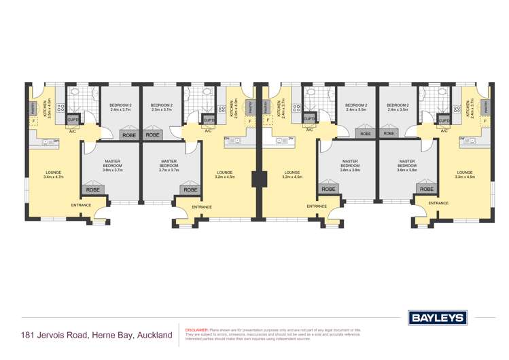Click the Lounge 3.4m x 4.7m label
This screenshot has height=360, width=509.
pos(53,175)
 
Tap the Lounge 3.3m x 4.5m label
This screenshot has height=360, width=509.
pos(465,175)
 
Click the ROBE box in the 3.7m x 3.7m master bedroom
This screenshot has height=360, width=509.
pos(190,190)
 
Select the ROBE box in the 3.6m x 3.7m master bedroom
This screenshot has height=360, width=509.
pos(93,190)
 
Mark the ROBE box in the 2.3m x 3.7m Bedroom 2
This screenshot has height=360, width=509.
pos(152,135)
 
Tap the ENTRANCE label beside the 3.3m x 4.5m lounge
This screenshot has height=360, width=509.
pos(438,203)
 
